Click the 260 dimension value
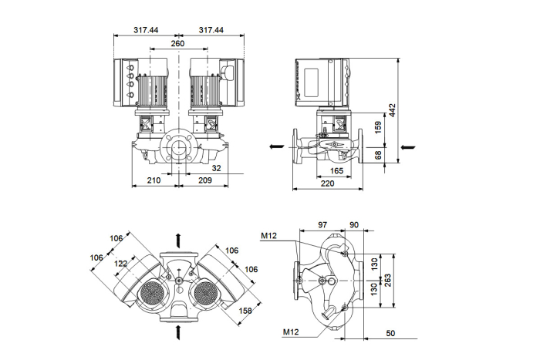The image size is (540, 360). tap(177, 43)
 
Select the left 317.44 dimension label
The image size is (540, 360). tap(146, 30)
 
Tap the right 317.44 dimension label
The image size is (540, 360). tap(211, 30)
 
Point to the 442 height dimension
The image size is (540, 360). tap(392, 110)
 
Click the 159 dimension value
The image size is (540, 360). tap(378, 127)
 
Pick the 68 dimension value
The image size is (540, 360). tap(378, 155)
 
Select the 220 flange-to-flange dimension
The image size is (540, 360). tap(328, 183)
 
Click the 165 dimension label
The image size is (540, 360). tap(337, 170)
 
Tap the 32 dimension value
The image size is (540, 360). tap(216, 168)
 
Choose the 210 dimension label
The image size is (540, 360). tap(154, 180)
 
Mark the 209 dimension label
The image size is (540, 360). tap(205, 180)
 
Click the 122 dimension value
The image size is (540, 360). tap(120, 264)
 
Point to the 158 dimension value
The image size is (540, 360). tap(245, 311)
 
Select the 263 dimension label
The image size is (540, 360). tap(388, 281)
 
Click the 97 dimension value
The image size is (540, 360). tap(322, 225)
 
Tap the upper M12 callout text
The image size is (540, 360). tap(268, 236)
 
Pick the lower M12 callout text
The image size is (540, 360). tap(291, 332)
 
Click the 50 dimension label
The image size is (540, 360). tap(390, 333)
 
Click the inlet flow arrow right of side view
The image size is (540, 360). tap(408, 147)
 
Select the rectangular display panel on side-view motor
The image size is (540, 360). tap(312, 82)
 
